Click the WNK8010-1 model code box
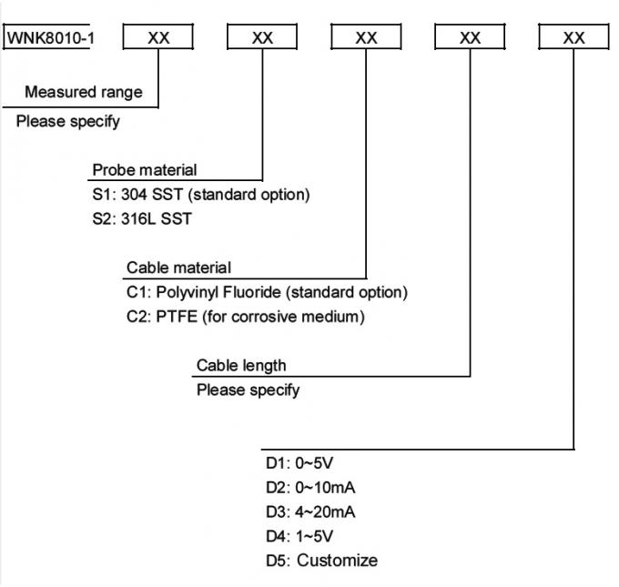click(47, 37)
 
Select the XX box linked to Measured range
click(158, 37)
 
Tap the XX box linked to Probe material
click(262, 37)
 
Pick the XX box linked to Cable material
click(366, 37)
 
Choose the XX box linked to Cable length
click(470, 37)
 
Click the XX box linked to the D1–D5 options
click(573, 37)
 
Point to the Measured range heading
click(84, 92)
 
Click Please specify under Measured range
click(68, 122)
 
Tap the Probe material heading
click(144, 170)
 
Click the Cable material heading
click(178, 268)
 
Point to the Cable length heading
click(241, 365)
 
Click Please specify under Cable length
click(249, 390)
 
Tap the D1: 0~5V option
click(290, 462)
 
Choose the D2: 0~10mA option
click(300, 487)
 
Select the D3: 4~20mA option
click(300, 511)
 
